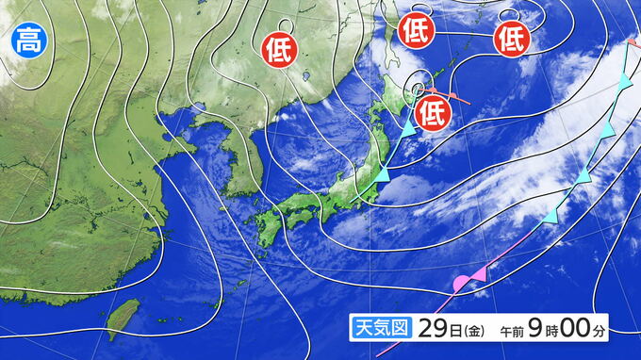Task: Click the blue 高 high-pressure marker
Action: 27,41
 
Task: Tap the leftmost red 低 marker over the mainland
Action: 279,45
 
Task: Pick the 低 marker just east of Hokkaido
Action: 431,111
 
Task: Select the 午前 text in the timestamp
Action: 512,332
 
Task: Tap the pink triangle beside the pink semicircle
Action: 479,273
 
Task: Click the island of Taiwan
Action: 120,319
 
